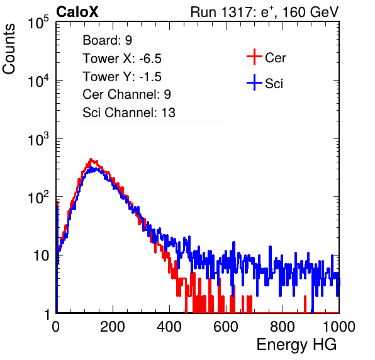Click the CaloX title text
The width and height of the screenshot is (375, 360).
tap(77, 12)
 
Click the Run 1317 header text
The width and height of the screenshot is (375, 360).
tap(264, 12)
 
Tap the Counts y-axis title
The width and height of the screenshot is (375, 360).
tap(9, 49)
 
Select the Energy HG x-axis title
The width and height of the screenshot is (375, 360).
tap(296, 344)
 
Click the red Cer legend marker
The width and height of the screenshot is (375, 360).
tap(254, 57)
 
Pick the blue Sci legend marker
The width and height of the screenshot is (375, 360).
tap(254, 83)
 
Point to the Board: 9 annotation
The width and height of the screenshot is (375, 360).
tap(107, 40)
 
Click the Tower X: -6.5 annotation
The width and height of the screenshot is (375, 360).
tap(122, 59)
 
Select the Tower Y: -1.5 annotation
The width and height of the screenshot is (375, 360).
tap(122, 77)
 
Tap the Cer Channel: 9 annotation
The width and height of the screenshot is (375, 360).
tap(126, 94)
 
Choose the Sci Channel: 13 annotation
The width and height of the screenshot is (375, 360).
tap(129, 113)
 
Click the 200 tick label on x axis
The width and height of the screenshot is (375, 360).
tap(113, 327)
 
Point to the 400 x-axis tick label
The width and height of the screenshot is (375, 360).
tap(169, 327)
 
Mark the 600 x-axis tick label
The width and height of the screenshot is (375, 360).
tap(226, 327)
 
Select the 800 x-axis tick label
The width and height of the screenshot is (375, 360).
tap(283, 327)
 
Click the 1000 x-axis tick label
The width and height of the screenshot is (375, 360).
tap(339, 327)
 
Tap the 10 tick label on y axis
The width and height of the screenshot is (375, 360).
tap(42, 256)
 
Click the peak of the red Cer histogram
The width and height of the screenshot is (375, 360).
tap(91, 159)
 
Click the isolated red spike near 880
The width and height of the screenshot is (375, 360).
tap(305, 304)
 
